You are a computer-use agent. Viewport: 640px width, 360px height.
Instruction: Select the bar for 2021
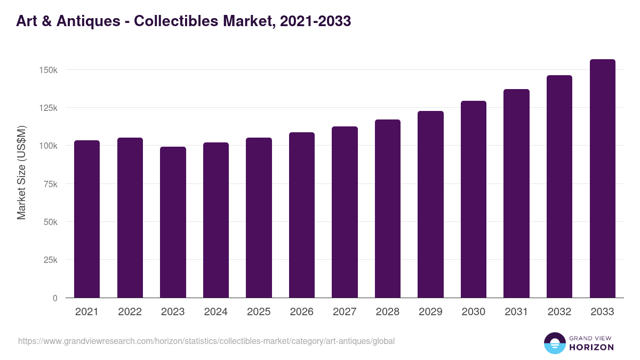87,219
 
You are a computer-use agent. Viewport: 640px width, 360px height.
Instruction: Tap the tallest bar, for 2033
602,178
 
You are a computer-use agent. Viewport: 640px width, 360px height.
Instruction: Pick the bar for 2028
388,209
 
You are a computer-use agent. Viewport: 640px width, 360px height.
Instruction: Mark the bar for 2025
259,218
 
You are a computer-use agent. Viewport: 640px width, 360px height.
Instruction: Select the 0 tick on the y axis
55,298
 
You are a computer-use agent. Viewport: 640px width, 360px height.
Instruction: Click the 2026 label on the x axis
302,312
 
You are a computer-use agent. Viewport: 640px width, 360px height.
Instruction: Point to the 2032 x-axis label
559,312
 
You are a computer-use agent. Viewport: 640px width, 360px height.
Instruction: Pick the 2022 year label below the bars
130,312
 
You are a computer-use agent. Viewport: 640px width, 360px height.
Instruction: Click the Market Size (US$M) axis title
21,172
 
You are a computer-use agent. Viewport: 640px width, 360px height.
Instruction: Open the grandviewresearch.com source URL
206,341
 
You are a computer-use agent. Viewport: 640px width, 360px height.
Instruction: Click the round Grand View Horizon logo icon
555,343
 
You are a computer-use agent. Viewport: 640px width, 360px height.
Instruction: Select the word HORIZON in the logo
592,347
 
